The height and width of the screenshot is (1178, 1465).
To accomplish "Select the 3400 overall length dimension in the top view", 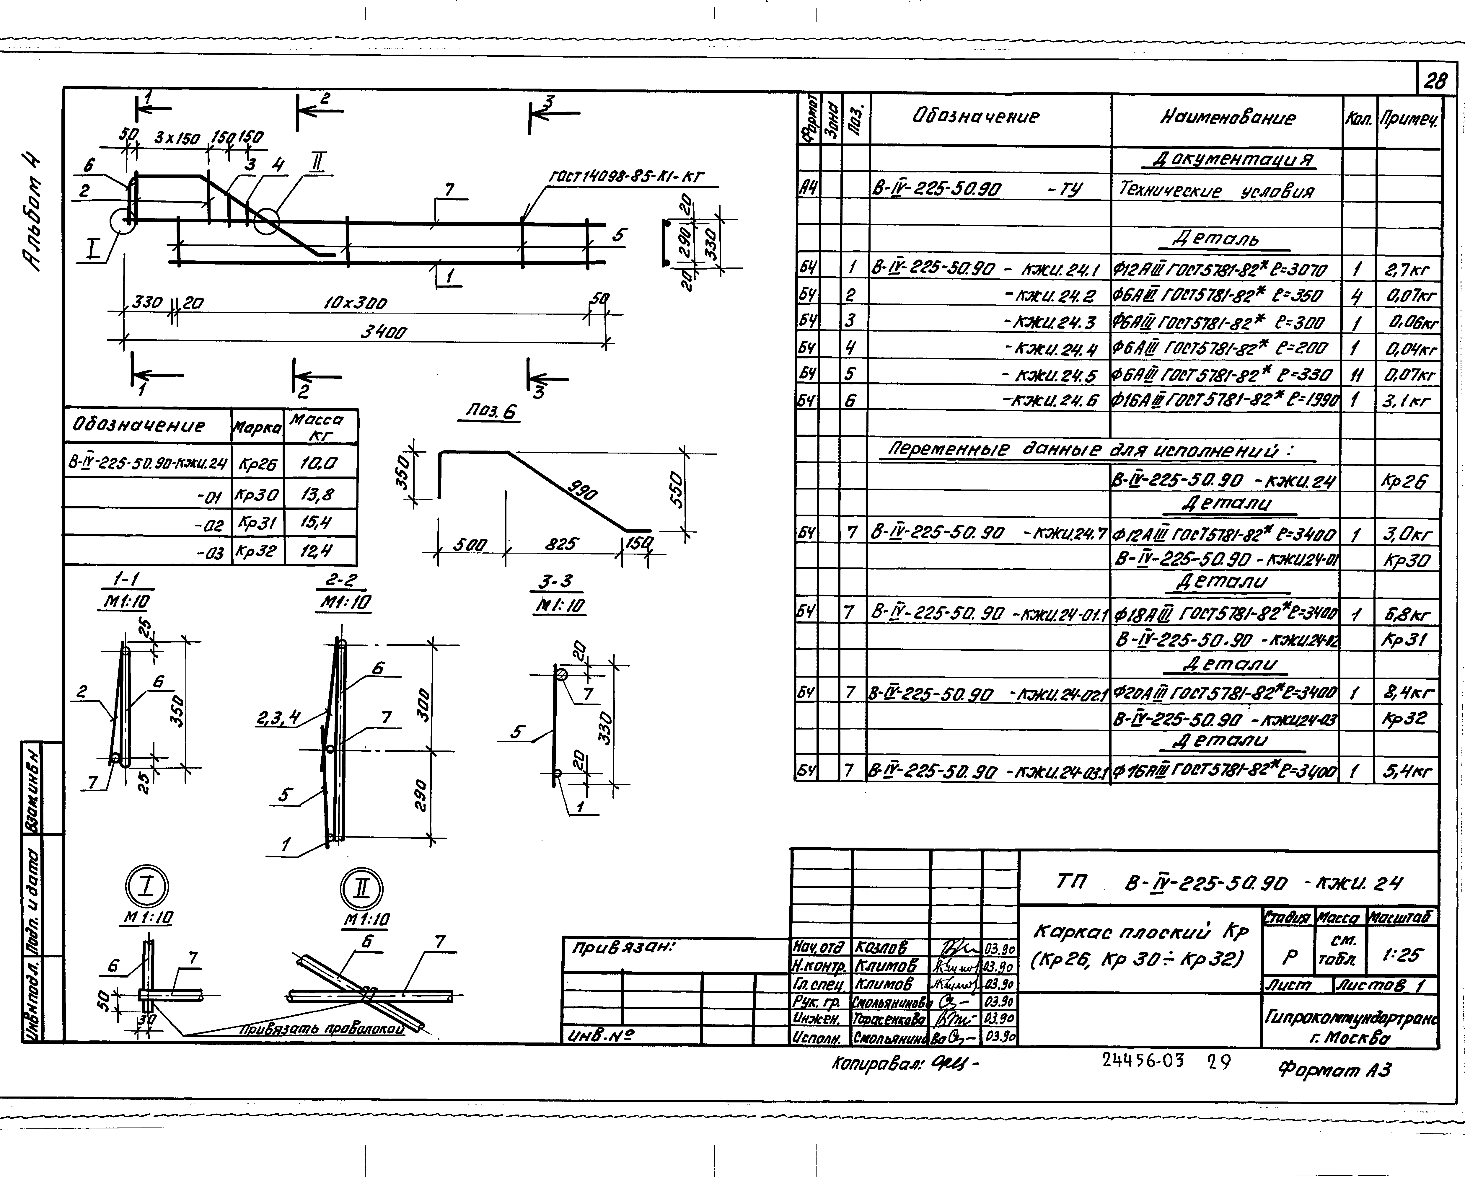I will click(x=384, y=332).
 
